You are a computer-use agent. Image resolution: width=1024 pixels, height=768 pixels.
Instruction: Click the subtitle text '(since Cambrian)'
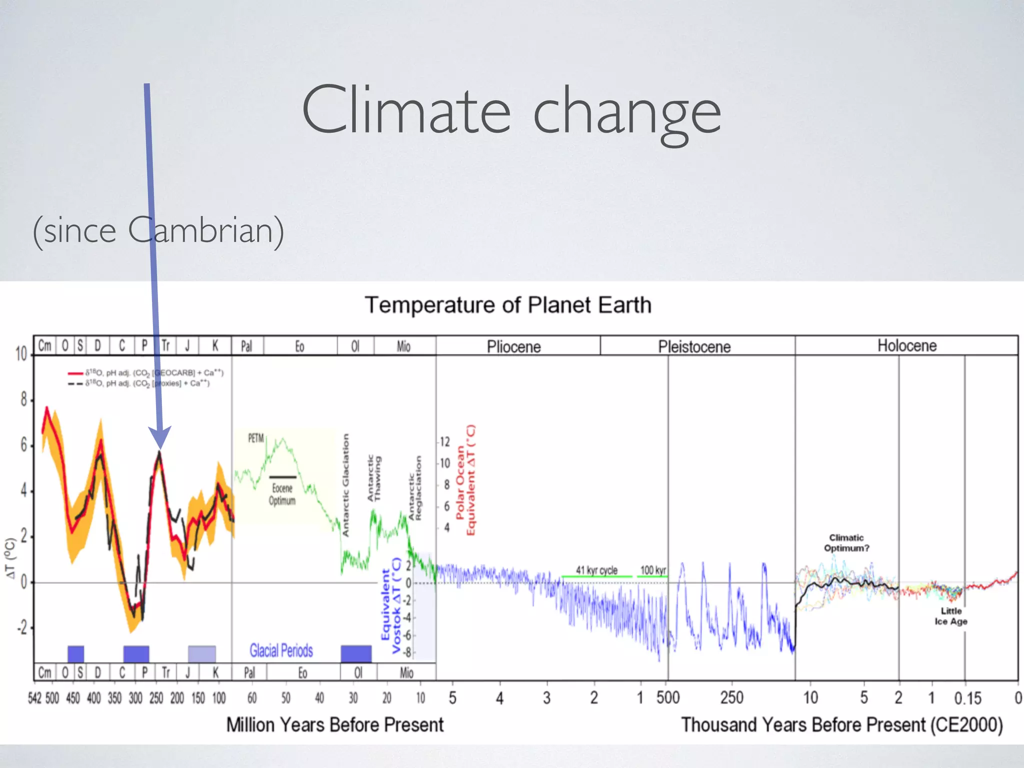(x=158, y=230)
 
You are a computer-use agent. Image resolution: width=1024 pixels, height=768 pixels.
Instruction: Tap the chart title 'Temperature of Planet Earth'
(x=508, y=305)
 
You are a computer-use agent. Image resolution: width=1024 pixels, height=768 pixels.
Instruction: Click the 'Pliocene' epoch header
(x=514, y=346)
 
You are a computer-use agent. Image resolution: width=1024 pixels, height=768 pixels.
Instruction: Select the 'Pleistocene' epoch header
(x=694, y=346)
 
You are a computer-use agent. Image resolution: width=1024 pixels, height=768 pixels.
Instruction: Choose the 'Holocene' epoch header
(x=906, y=345)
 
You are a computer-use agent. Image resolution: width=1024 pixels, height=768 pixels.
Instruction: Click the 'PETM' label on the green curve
(x=255, y=438)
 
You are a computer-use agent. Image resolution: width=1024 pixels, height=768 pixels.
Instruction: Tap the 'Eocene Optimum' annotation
(x=282, y=494)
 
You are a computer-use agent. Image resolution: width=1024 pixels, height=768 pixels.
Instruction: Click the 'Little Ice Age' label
(x=950, y=616)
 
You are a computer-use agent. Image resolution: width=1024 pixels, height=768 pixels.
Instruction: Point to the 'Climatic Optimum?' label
(x=846, y=542)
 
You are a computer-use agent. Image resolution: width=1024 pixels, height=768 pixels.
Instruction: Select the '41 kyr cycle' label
(x=596, y=570)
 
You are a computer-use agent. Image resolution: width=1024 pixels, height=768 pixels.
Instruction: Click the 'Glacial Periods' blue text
(x=281, y=650)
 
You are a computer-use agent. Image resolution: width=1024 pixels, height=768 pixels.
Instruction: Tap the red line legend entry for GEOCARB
(x=145, y=373)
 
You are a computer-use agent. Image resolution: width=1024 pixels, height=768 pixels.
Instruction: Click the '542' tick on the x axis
(x=35, y=698)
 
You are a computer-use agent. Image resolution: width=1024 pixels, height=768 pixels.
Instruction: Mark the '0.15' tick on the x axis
(x=967, y=698)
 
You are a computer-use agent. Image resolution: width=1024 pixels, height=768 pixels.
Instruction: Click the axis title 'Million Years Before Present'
(x=334, y=724)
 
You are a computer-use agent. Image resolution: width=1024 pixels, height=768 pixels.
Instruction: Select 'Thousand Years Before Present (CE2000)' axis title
(x=841, y=724)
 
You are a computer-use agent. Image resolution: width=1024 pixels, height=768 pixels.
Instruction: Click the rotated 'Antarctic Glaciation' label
(x=345, y=485)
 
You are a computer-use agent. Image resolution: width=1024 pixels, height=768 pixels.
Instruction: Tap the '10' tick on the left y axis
(x=21, y=354)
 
